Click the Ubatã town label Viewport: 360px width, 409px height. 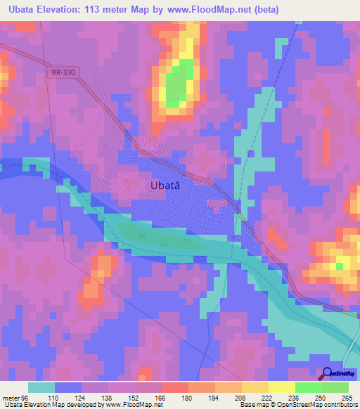click(x=169, y=186)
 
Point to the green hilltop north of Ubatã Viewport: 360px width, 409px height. click(x=179, y=83)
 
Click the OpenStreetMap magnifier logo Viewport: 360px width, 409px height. click(x=328, y=374)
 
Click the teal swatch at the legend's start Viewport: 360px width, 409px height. click(x=41, y=387)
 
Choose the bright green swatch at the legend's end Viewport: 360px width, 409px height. click(x=335, y=387)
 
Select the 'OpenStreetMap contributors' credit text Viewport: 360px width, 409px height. click(x=316, y=405)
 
